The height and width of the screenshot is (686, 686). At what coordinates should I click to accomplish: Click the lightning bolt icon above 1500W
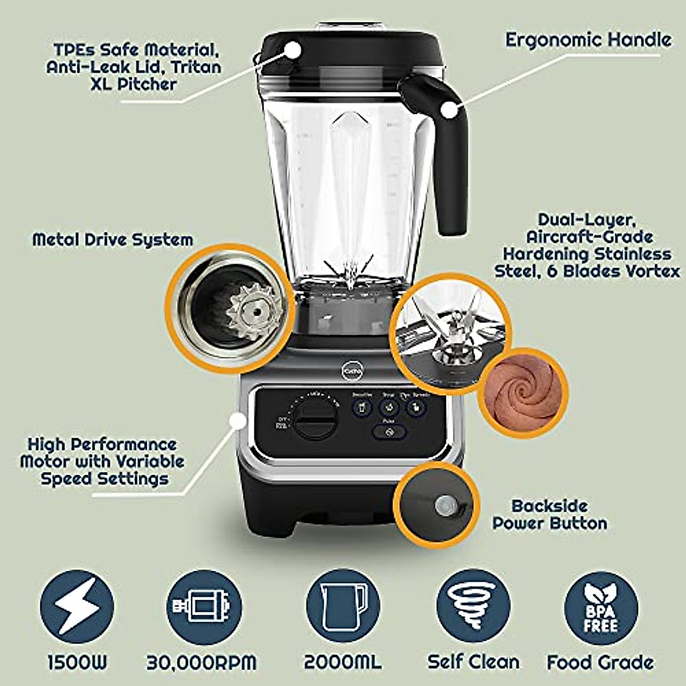[77, 607]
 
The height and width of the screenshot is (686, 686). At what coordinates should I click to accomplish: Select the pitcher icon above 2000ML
[343, 607]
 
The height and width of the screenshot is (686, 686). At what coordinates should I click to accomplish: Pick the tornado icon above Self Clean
[473, 607]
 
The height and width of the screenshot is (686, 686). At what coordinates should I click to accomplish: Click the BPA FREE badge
[601, 607]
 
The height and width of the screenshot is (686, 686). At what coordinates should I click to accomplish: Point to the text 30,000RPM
[201, 663]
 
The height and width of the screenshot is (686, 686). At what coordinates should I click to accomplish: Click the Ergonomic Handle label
[588, 40]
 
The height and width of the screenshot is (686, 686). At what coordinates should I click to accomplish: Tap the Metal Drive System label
[113, 240]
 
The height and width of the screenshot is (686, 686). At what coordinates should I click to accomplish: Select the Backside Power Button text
[550, 514]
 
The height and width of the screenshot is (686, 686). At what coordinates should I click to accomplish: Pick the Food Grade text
[600, 663]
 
